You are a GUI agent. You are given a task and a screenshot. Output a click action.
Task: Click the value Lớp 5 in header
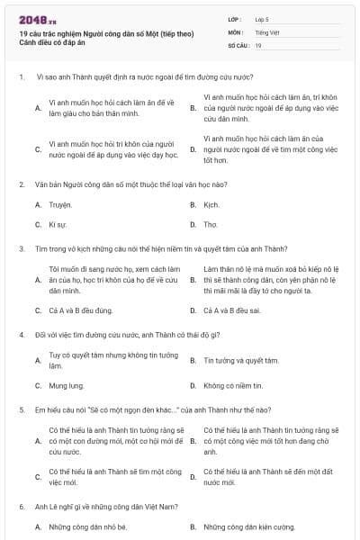pyautogui.click(x=263, y=19)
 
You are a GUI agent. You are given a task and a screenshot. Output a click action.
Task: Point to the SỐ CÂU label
pyautogui.click(x=238, y=45)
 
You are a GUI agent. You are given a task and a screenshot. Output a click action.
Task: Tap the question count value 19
pyautogui.click(x=258, y=45)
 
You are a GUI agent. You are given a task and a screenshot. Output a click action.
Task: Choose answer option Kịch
pyautogui.click(x=211, y=205)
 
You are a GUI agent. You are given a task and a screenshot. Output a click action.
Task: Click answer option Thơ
pyautogui.click(x=211, y=224)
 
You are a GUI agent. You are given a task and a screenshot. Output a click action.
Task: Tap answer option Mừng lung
pyautogui.click(x=64, y=385)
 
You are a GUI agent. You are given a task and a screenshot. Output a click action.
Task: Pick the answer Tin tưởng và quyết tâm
pyautogui.click(x=240, y=361)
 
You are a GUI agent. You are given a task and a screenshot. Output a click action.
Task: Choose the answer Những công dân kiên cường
pyautogui.click(x=248, y=526)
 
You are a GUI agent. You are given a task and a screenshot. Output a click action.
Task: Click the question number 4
pyautogui.click(x=21, y=335)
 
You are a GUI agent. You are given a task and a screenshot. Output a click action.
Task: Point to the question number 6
pyautogui.click(x=21, y=507)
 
